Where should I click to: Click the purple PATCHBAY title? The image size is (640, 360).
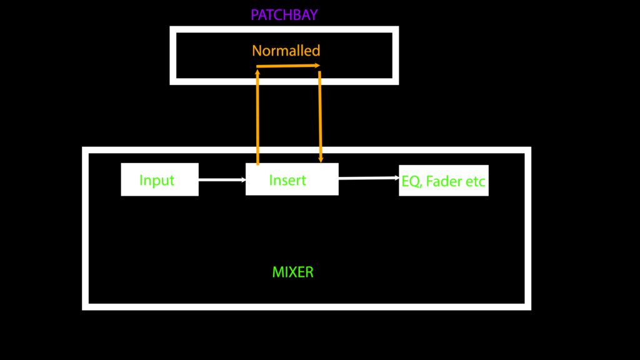click(x=284, y=15)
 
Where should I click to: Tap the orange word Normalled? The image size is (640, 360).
click(x=286, y=51)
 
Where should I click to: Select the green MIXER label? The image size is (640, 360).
click(x=292, y=272)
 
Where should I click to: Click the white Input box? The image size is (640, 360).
click(x=159, y=179)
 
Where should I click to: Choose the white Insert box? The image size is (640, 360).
click(x=292, y=179)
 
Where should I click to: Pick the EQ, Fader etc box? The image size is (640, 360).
click(x=444, y=181)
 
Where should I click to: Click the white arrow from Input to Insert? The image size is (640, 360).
click(x=222, y=180)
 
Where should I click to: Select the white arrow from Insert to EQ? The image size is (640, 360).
click(x=369, y=178)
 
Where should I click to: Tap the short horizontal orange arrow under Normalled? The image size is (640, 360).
click(x=288, y=66)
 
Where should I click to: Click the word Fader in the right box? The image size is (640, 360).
click(x=444, y=182)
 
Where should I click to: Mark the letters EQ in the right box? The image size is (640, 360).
click(x=411, y=182)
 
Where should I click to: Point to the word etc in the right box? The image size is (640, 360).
click(x=475, y=182)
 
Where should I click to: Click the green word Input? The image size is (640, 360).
click(x=157, y=181)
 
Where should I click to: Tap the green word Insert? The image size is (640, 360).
click(x=287, y=181)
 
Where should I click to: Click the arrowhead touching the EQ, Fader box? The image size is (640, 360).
click(x=396, y=177)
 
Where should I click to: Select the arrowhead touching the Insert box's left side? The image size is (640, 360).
click(x=243, y=180)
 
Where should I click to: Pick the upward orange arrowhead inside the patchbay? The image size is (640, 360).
click(x=257, y=72)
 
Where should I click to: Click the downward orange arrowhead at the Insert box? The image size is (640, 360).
click(x=321, y=161)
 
